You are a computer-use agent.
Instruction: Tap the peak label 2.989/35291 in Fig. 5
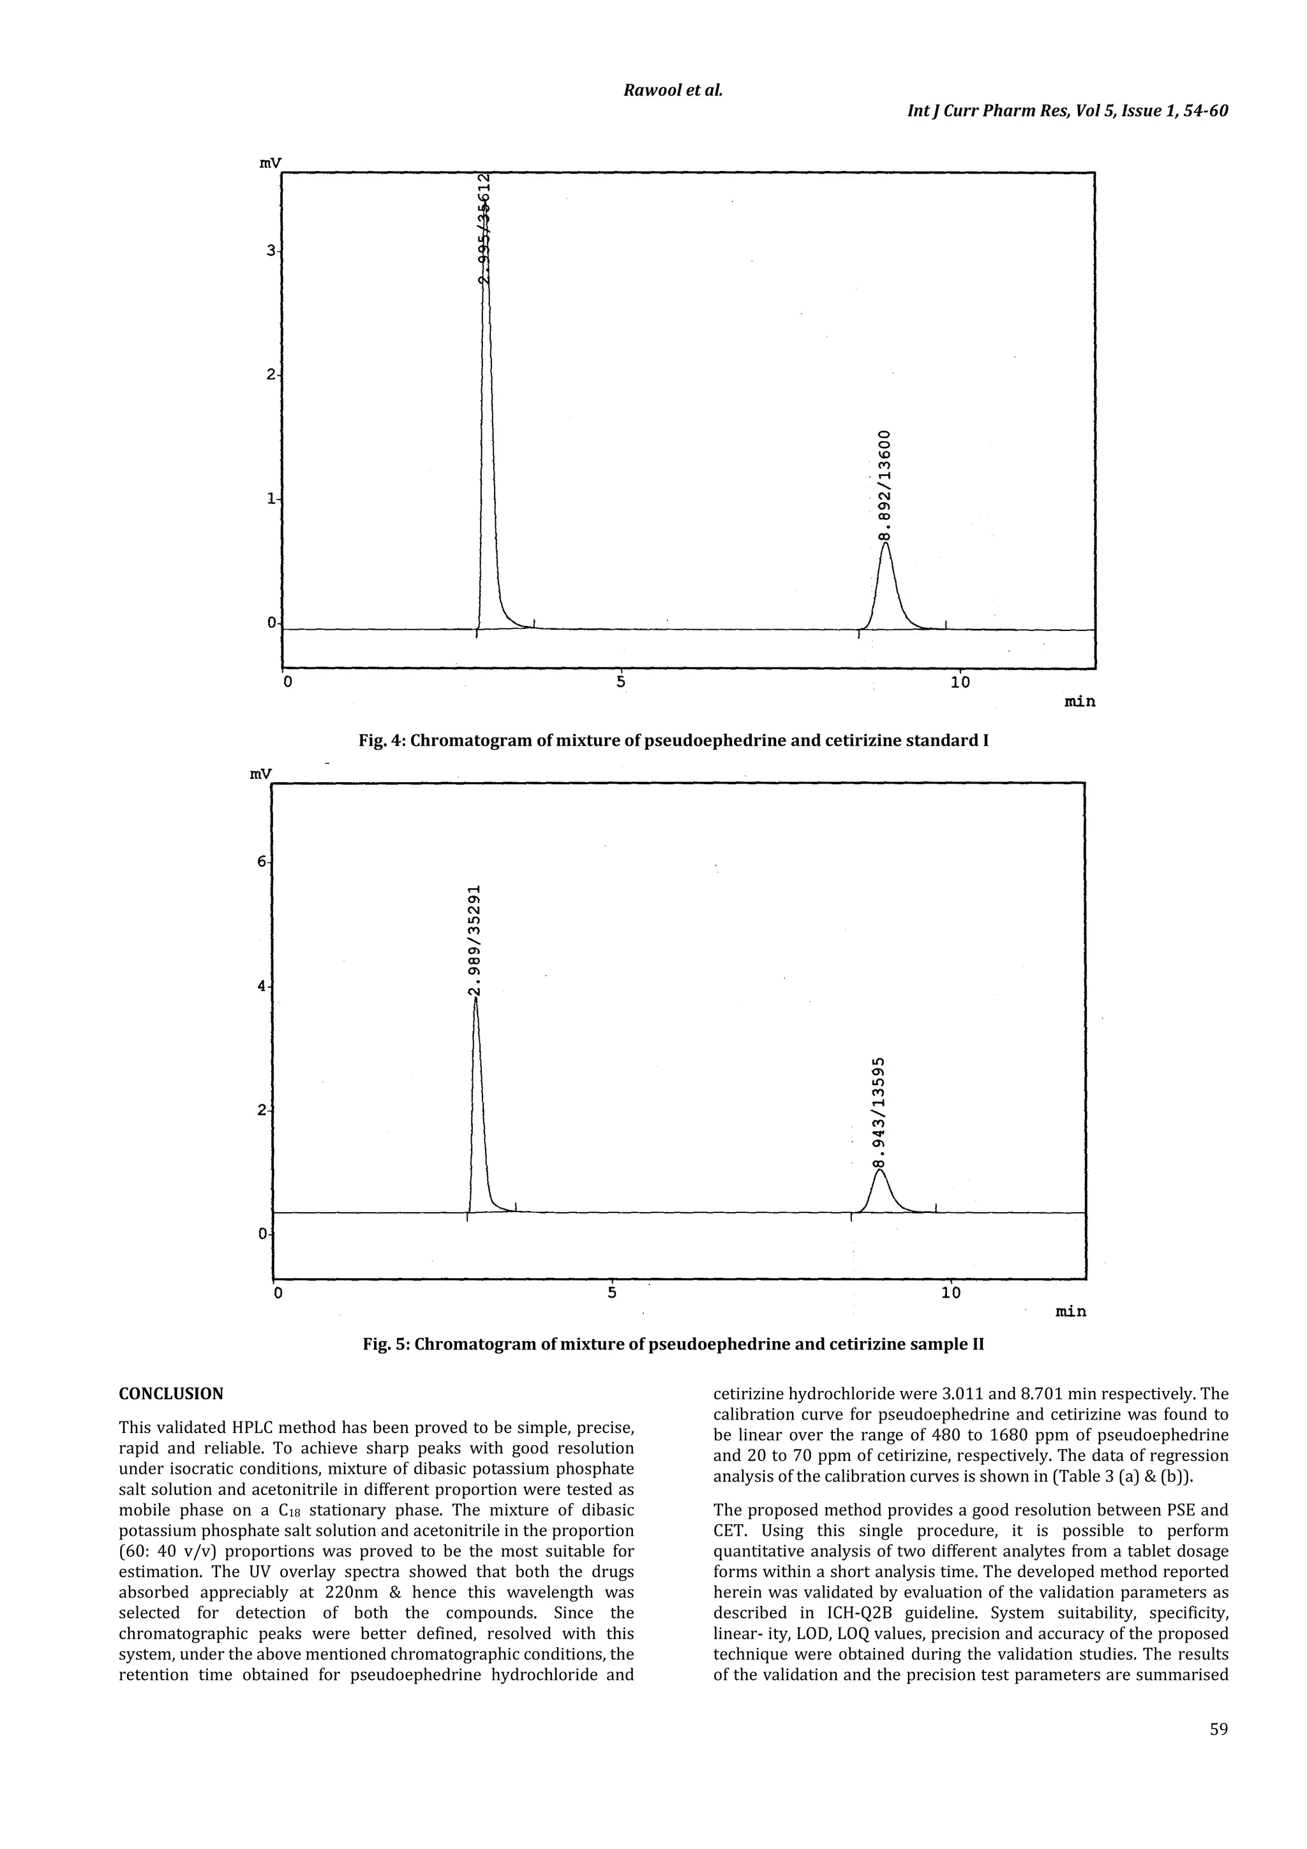point(476,940)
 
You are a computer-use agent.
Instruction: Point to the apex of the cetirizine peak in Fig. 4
point(886,543)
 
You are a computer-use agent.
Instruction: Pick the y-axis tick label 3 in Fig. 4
point(271,251)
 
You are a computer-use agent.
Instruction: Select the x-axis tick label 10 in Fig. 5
point(950,1293)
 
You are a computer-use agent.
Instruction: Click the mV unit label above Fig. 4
point(270,163)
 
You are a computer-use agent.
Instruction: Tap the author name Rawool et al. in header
point(673,89)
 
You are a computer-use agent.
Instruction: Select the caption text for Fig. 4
point(673,740)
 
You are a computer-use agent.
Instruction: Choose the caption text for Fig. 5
point(673,1344)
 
